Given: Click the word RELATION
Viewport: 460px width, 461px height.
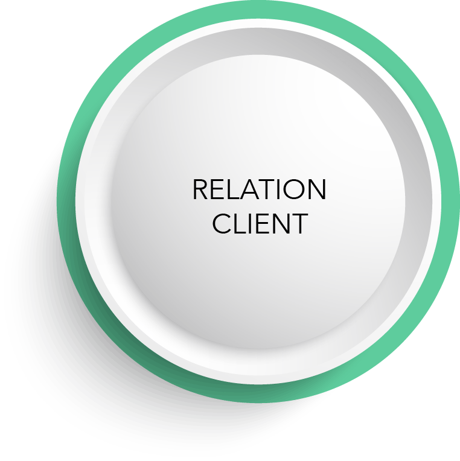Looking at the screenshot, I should point(259,190).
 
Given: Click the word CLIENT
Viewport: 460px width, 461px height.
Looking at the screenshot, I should point(260,223).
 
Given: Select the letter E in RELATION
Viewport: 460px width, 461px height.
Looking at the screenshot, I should point(217,190).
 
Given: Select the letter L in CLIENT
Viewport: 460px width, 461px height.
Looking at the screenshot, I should point(240,223).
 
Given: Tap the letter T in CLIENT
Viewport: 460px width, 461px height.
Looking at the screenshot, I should point(299,223).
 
